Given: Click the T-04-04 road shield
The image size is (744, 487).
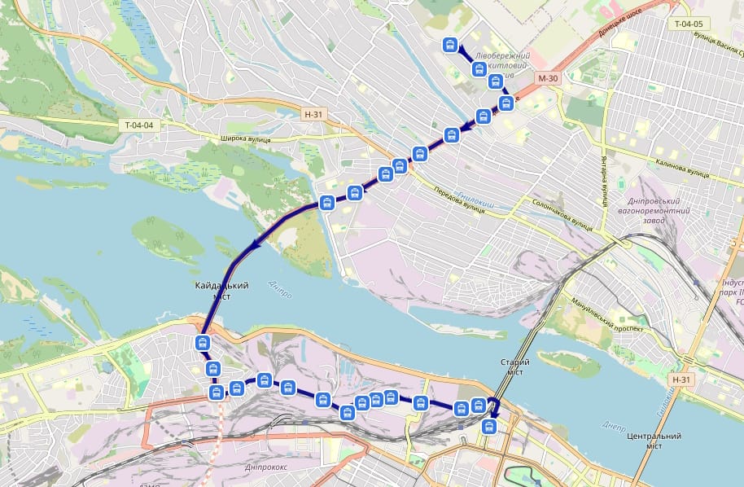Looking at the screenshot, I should pos(140,125).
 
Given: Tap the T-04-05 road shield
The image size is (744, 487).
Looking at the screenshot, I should pos(688,24).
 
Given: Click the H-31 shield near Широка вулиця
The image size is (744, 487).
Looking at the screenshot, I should pos(313,115).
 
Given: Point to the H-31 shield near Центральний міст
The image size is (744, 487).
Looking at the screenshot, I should pos(681,380).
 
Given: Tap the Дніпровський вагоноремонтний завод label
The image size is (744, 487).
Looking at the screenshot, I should pos(659,211).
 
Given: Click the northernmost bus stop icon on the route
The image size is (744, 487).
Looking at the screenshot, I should pos(449,45).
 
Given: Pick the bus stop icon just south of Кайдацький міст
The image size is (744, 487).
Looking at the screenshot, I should pos(204,343).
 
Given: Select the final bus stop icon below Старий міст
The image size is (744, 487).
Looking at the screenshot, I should pos(489,426).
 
